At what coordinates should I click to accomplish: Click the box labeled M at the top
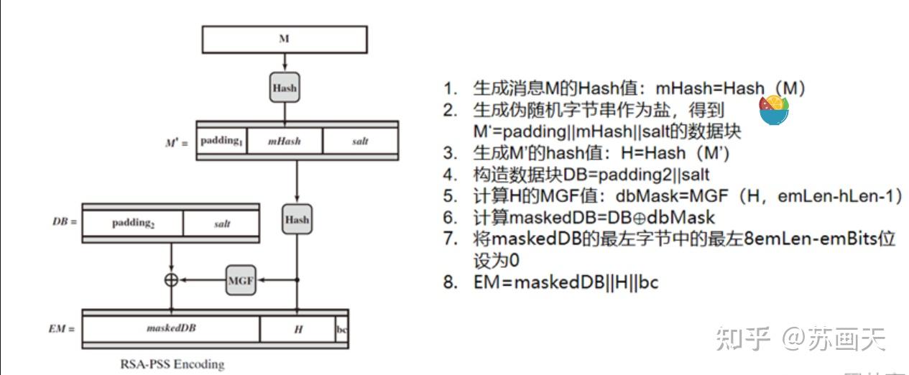[x=284, y=40]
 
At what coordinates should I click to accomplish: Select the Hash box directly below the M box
[x=285, y=88]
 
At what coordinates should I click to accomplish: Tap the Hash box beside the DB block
[x=297, y=220]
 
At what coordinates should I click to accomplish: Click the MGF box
[x=241, y=280]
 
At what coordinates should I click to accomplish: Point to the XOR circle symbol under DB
[x=171, y=280]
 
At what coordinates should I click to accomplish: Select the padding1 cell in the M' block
[x=221, y=141]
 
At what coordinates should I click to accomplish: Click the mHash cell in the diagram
[x=284, y=141]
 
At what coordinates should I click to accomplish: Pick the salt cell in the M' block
[x=360, y=141]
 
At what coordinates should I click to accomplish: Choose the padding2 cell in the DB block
[x=133, y=223]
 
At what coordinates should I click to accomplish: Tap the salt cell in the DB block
[x=222, y=223]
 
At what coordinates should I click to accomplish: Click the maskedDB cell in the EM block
[x=171, y=328]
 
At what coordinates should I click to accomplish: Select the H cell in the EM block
[x=297, y=328]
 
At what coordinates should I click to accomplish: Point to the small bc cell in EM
[x=341, y=329]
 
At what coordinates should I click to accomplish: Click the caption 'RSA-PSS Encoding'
[x=172, y=364]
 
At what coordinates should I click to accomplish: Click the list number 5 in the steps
[x=450, y=196]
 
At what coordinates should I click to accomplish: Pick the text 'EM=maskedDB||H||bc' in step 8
[x=566, y=282]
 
